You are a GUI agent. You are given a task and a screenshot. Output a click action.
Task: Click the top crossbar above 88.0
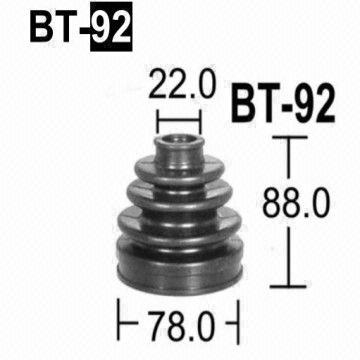pos(290,141)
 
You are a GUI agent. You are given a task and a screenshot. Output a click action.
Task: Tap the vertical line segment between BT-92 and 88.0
pos(290,165)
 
